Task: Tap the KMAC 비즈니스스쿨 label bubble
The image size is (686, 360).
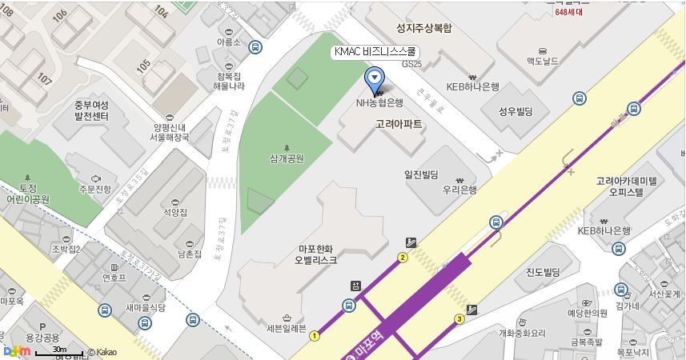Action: pos(375,52)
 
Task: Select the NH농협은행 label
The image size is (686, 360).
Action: pos(379,103)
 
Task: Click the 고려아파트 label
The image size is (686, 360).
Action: pos(399,125)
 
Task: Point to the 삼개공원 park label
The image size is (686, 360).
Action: pos(287,158)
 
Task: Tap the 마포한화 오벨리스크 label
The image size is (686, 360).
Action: pos(316,254)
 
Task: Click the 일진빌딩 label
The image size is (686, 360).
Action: pos(421,174)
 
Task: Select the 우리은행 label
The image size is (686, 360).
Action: pos(459,190)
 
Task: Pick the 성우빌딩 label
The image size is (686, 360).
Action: pos(516,111)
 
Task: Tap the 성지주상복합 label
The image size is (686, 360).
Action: pos(423,28)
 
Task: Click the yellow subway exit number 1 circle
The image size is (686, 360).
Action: pos(315,336)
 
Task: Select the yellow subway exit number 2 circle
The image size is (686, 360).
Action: pos(403,258)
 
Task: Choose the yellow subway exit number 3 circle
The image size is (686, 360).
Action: pos(459,319)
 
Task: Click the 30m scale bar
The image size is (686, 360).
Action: pos(58,353)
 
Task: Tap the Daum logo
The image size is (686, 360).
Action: pos(17,350)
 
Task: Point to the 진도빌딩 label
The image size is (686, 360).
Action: pos(543,272)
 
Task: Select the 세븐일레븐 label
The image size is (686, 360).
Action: pos(287,328)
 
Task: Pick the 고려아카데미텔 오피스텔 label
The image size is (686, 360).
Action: pos(626,187)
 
